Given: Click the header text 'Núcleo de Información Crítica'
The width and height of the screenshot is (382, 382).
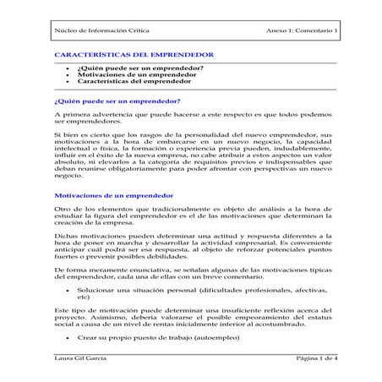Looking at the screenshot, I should [x=95, y=31].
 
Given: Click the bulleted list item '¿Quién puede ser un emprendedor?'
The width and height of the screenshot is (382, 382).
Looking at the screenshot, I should [x=139, y=66].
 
